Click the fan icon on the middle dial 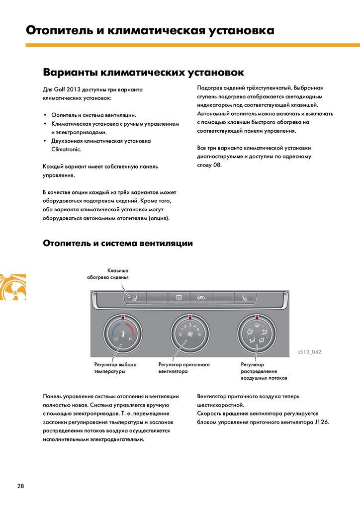[x=189, y=336]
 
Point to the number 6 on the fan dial [x=199, y=335]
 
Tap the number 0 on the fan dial [x=180, y=335]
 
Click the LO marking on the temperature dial [x=116, y=339]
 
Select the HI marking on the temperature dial [x=130, y=339]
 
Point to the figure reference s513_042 [x=309, y=352]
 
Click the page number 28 [x=20, y=486]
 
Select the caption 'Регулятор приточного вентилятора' [x=183, y=368]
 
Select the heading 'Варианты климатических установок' [x=143, y=73]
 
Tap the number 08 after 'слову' [x=217, y=165]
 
